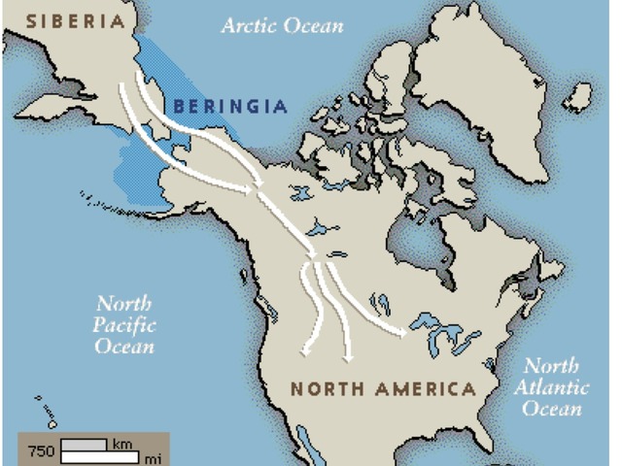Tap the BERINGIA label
230,106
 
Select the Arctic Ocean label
282,25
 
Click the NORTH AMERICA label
383,389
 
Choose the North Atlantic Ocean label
551,387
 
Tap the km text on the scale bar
121,444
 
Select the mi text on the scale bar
153,456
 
